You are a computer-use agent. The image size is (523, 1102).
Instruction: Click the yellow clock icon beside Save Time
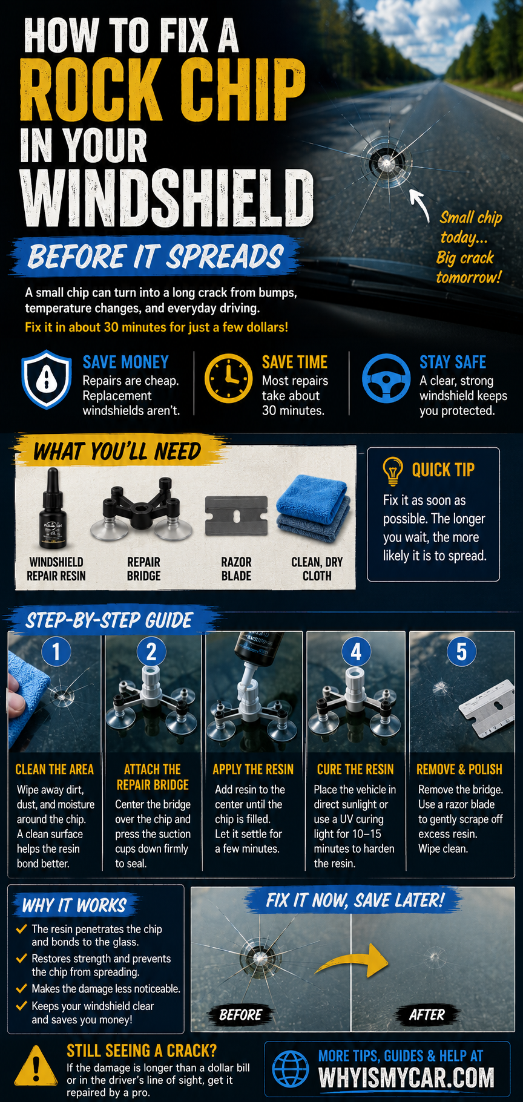[228, 379]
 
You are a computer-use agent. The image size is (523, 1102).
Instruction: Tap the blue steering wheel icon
[386, 379]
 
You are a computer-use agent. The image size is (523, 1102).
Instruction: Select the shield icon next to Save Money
[47, 379]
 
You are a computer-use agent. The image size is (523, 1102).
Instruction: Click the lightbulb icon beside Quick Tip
[393, 471]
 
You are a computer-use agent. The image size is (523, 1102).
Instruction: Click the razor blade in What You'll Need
[235, 518]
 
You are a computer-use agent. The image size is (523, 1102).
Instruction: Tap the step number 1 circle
[56, 652]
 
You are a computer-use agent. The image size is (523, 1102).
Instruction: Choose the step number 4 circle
[357, 652]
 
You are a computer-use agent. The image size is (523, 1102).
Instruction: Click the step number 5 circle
[461, 652]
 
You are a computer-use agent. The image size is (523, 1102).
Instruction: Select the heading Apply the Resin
[253, 769]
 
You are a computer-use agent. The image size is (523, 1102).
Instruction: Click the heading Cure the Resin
[355, 769]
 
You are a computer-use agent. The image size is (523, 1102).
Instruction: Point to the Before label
[240, 1015]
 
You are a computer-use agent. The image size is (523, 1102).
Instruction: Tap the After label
[427, 1015]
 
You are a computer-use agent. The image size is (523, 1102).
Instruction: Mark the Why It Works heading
[74, 905]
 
